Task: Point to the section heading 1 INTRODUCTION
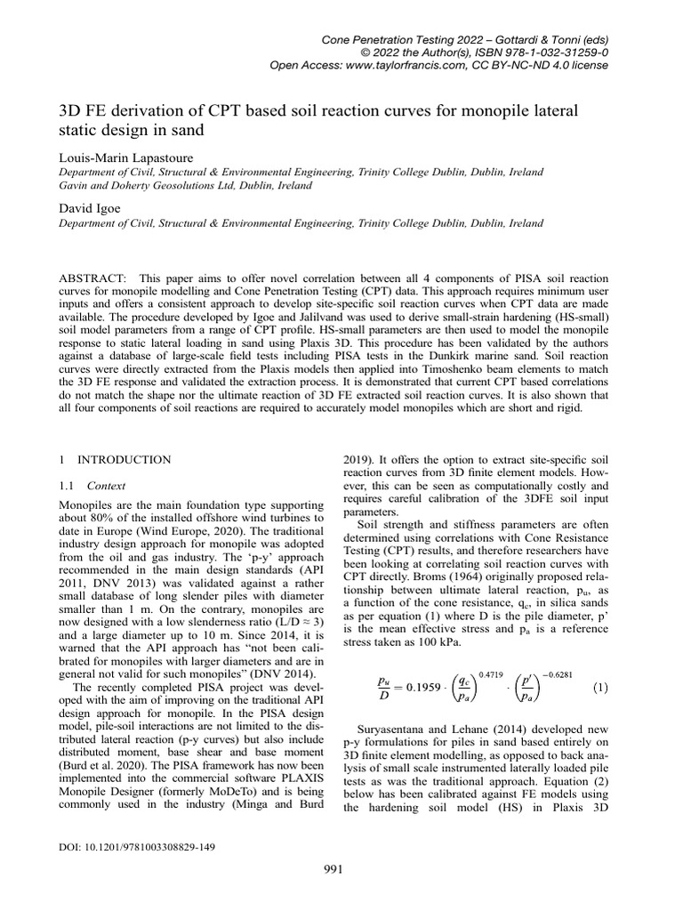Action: pos(114,460)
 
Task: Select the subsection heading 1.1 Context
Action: pos(92,486)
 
